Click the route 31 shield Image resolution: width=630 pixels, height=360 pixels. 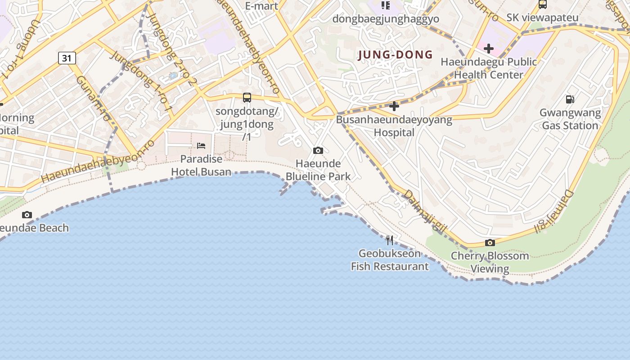(67, 58)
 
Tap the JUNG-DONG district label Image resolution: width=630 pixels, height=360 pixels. (395, 55)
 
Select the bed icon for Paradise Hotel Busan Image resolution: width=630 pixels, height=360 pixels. (201, 145)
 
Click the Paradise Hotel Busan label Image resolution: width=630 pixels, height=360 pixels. (201, 165)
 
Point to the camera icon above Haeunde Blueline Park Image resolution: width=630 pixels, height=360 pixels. (318, 150)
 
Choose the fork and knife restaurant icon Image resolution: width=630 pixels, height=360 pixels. (390, 240)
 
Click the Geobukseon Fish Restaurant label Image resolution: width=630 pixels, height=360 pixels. (390, 260)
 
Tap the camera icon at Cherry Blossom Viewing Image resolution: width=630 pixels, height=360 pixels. (490, 243)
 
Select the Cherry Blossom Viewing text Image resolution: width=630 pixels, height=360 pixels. (490, 262)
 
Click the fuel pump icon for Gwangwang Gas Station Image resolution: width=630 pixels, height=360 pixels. (570, 99)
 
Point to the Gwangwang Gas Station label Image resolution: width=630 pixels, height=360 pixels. (570, 119)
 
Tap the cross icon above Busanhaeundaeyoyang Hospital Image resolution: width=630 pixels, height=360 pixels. (394, 106)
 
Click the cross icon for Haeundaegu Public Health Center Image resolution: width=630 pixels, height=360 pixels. (489, 48)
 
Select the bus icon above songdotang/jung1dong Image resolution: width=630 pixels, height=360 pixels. (247, 97)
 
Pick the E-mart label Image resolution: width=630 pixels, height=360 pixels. (262, 6)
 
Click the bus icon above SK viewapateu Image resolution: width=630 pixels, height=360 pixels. (543, 4)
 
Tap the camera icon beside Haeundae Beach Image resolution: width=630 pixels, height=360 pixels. (27, 215)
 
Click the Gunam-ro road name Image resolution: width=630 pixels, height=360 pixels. (93, 98)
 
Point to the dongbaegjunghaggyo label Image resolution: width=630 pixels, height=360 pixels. (386, 19)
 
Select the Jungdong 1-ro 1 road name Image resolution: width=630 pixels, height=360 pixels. (141, 81)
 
